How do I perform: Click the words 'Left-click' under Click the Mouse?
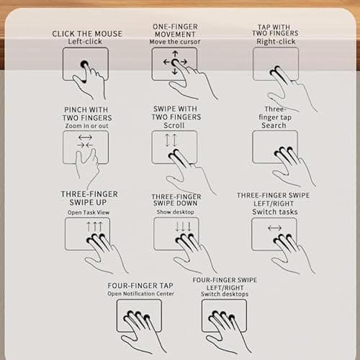coord(85,42)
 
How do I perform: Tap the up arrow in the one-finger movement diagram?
coord(175,54)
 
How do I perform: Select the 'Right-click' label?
coord(276,42)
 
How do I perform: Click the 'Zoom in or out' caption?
coord(86,126)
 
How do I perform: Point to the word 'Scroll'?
coord(174,125)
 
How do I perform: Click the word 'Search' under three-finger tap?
coord(274,125)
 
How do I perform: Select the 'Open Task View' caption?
coord(89,212)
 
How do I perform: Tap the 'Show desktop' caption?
coord(176,212)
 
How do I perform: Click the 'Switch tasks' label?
coord(275,212)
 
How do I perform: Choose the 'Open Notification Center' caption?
coord(140,294)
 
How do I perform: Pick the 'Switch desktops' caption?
coord(225,294)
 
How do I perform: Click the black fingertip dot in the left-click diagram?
coord(84,64)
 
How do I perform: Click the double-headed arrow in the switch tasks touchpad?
coord(275,228)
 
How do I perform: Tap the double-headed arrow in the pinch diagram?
coord(85,138)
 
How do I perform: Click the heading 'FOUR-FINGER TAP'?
coord(140,286)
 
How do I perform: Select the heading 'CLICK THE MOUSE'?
coord(87,34)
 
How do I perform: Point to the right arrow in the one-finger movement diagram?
coord(184,62)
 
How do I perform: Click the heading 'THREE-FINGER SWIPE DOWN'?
coord(176,200)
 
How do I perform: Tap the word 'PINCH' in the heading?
coord(76,109)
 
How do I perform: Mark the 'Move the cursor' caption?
coord(175,42)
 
